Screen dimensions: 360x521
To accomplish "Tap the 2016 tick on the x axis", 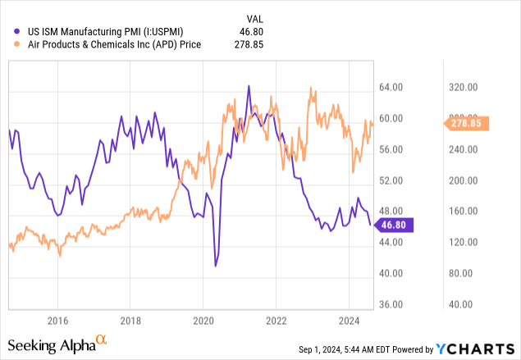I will (57, 319).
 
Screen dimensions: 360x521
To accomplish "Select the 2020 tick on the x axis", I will (203, 319).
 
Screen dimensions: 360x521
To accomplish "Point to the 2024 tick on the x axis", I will (350, 319).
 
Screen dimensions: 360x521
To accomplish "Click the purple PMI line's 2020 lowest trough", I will (216, 266).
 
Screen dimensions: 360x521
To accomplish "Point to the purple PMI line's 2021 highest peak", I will (248, 85).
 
